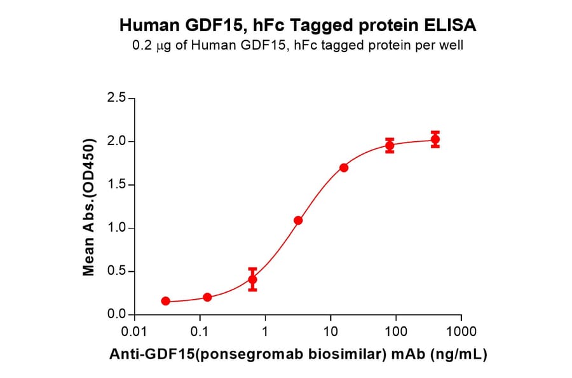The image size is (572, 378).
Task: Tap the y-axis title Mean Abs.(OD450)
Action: pos(90,206)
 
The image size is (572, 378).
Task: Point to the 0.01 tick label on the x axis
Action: pos(134,332)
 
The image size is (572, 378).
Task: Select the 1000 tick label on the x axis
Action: pos(461,332)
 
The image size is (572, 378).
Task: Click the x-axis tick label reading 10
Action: pos(330,332)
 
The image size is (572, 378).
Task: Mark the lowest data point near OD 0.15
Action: pos(166,301)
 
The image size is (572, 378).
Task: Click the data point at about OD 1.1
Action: pos(298,220)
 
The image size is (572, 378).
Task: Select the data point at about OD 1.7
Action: pos(344,168)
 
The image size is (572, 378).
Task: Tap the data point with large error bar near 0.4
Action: pos(252,279)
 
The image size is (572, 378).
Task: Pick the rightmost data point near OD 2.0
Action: pos(435,139)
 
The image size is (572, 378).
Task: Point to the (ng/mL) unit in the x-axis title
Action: pos(465,354)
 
